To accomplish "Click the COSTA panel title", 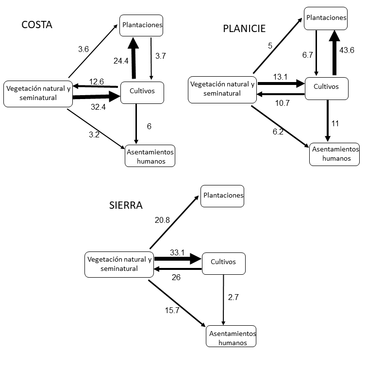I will pyautogui.click(x=37, y=25).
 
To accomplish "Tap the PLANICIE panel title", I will pyautogui.click(x=244, y=28).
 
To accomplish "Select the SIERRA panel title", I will pyautogui.click(x=126, y=205).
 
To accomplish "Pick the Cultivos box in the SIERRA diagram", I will pyautogui.click(x=223, y=263).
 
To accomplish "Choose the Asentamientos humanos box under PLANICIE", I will pyautogui.click(x=334, y=154).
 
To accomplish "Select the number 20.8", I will pyautogui.click(x=162, y=220).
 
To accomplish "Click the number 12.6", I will pyautogui.click(x=96, y=82).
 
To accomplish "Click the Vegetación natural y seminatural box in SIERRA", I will pyautogui.click(x=119, y=264).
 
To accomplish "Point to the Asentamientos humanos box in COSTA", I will pyautogui.click(x=150, y=156).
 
